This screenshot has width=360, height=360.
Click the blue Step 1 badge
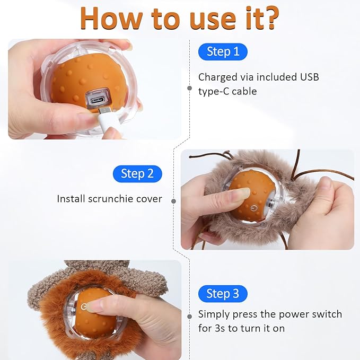222,51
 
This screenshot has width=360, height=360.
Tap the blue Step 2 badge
137,173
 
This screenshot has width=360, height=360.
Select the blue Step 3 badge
222,293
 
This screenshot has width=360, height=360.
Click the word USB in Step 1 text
309,77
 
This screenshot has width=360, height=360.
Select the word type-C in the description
214,91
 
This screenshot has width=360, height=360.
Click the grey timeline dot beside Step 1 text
189,88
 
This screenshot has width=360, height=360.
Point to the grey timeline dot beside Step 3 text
189,317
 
